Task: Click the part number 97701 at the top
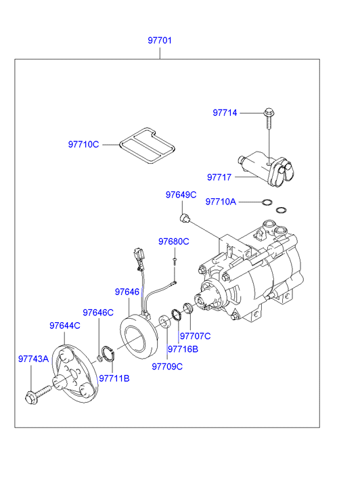(160, 41)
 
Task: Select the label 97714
(225, 112)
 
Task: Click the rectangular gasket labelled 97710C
(147, 146)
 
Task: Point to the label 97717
(219, 177)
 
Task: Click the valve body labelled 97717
(266, 169)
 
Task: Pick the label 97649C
(181, 195)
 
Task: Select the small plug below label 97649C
(184, 218)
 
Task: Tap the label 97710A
(221, 202)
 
